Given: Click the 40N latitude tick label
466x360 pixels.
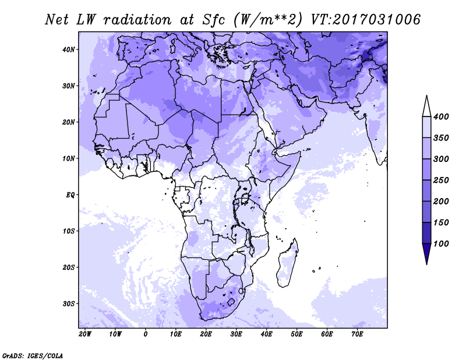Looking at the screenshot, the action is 68,50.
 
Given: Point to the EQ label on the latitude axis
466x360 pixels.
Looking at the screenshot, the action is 70,195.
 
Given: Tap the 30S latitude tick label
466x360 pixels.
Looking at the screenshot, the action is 68,304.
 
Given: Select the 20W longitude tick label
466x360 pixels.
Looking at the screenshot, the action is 85,334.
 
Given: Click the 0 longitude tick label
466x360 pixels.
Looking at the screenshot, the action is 145,334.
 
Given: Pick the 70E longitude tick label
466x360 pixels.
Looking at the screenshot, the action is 357,334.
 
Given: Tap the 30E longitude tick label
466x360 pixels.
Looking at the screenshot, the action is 236,334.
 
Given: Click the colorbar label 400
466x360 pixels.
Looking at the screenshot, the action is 441,117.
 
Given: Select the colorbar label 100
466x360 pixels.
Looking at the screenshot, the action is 441,243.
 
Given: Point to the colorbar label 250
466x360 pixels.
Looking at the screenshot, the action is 441,180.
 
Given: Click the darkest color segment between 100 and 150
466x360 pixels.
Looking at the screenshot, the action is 427,233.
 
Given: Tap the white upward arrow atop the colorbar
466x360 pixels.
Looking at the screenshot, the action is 427,106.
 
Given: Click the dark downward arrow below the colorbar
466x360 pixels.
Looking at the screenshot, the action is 427,254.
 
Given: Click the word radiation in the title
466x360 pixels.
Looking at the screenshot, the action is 137,20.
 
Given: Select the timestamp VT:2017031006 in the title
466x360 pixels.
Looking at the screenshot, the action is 366,20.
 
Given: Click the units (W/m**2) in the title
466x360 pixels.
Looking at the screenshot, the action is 269,20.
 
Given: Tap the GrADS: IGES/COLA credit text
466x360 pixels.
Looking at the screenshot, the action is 33,356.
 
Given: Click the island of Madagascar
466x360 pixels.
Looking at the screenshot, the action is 286,264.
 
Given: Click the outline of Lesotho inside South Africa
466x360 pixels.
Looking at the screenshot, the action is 231,302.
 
